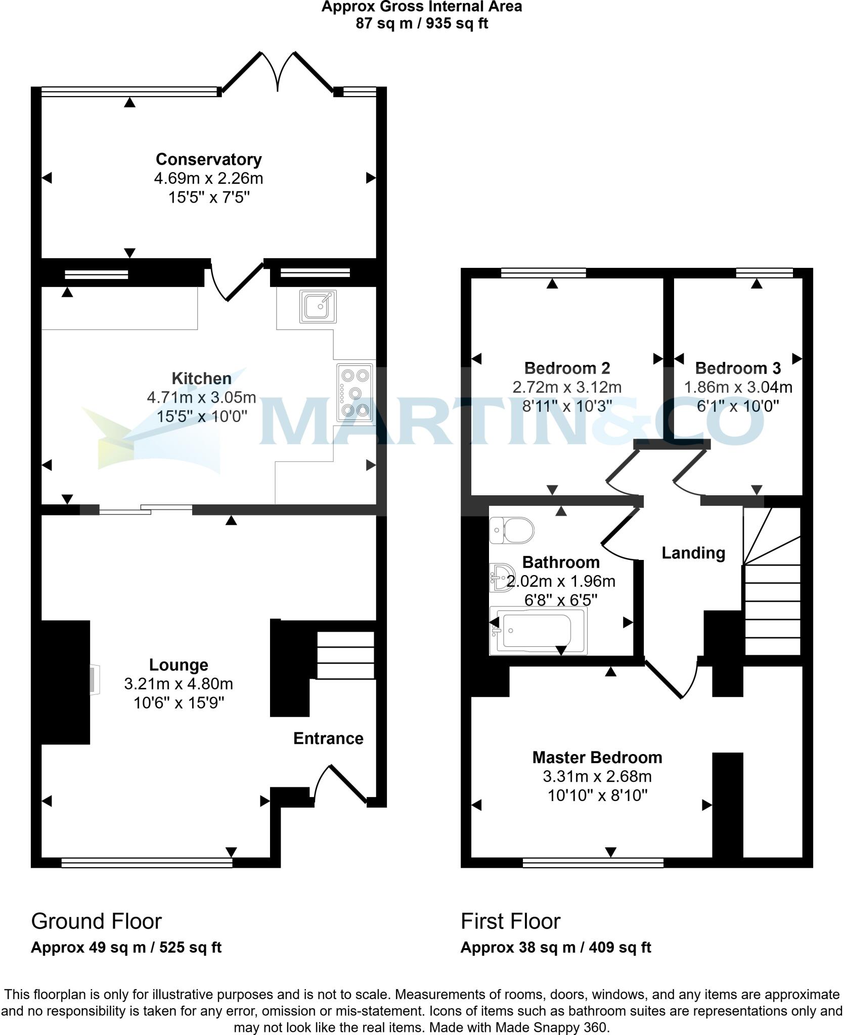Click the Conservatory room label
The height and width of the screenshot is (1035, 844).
(208, 159)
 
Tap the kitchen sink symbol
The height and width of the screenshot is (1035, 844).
(318, 306)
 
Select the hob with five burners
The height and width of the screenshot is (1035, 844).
(355, 393)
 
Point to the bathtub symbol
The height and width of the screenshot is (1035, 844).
(538, 632)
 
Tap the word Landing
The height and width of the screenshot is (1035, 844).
(693, 553)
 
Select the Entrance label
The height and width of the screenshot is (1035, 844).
(328, 738)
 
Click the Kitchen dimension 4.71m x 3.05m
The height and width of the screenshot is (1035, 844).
(201, 397)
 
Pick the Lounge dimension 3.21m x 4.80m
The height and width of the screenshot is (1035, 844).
(179, 684)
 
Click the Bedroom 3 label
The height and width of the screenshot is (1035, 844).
(737, 368)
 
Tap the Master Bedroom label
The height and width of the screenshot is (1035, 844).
(597, 757)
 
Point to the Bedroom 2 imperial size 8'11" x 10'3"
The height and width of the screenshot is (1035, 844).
(567, 406)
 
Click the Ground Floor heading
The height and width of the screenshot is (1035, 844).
(96, 921)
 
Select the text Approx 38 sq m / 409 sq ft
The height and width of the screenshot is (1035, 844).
(555, 947)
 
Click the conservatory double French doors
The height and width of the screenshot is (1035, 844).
(277, 73)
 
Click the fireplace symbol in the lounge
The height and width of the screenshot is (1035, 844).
(94, 680)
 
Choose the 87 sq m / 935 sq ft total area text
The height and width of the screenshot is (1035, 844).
(422, 24)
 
